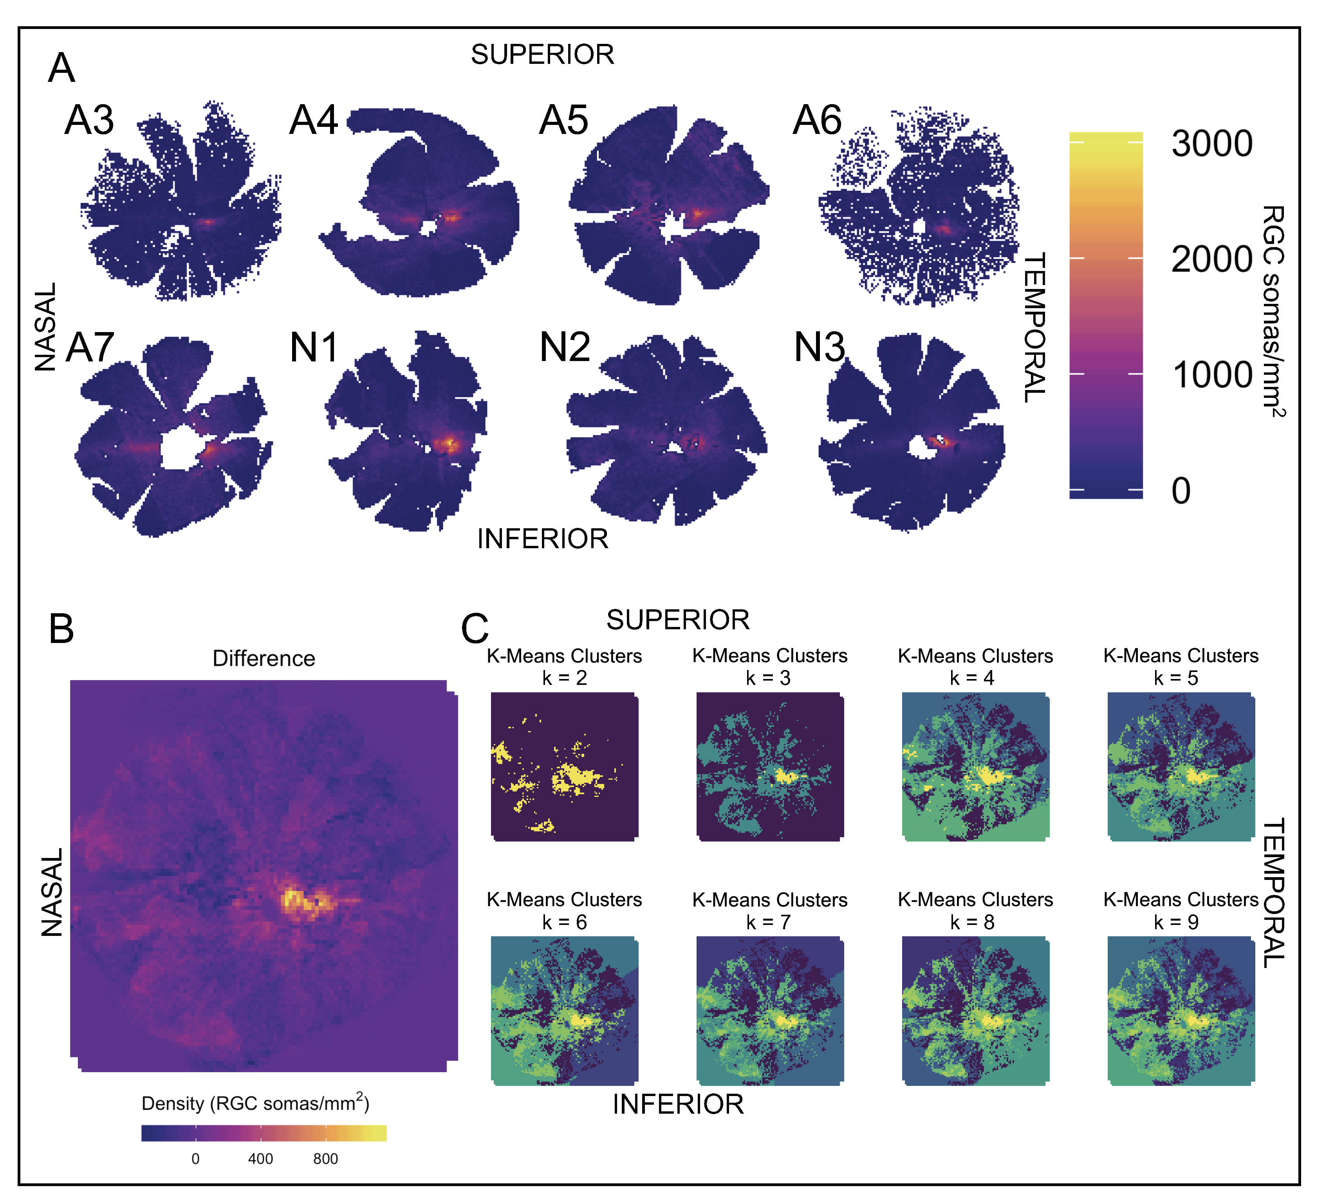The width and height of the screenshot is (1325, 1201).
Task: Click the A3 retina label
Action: click(x=89, y=120)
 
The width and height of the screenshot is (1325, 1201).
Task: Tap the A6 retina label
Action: click(x=816, y=120)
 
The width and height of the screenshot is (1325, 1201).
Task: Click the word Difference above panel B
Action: click(x=264, y=658)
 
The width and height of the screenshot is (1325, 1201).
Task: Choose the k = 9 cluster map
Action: click(x=1181, y=1010)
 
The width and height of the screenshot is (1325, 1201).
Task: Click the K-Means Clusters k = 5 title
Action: click(x=1181, y=666)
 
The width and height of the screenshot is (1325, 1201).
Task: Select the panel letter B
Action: click(x=61, y=628)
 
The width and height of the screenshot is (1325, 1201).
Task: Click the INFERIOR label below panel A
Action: click(x=542, y=539)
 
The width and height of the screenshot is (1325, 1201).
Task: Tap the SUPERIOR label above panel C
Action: click(x=678, y=620)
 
